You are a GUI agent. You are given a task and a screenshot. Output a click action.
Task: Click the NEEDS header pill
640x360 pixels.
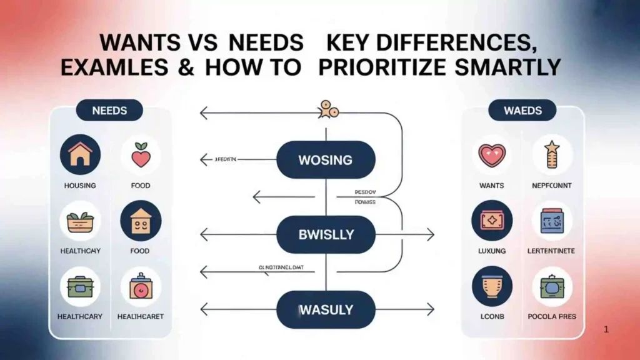pyautogui.click(x=109, y=111)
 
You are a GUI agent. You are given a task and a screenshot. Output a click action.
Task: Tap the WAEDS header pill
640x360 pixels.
pyautogui.click(x=522, y=111)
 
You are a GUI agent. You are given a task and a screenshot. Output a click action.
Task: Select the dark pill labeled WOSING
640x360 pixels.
pyautogui.click(x=325, y=160)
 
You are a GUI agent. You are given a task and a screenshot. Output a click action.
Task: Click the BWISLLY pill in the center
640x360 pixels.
pyautogui.click(x=325, y=235)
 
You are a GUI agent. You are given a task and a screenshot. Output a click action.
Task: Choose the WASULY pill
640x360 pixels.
pyautogui.click(x=325, y=309)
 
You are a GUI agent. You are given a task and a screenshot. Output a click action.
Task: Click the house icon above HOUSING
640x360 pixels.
pyautogui.click(x=80, y=154)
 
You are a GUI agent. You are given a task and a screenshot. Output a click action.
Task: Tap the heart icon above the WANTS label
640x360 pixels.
pyautogui.click(x=491, y=154)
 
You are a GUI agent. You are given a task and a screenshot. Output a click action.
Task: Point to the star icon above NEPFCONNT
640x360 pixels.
pyautogui.click(x=552, y=154)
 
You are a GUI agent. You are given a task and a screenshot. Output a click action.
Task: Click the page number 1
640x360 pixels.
pyautogui.click(x=606, y=329)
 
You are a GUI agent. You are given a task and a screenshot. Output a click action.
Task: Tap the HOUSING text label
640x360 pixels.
pyautogui.click(x=80, y=186)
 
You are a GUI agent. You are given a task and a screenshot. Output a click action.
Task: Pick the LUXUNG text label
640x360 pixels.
pyautogui.click(x=491, y=251)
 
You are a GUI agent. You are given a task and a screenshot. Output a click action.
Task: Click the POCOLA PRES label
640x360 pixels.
pyautogui.click(x=552, y=316)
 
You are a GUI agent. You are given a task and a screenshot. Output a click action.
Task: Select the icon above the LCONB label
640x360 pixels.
pyautogui.click(x=491, y=286)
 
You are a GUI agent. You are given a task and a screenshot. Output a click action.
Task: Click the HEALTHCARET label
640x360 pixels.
pyautogui.click(x=141, y=316)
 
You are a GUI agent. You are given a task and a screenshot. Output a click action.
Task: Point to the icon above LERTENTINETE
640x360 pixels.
pyautogui.click(x=552, y=221)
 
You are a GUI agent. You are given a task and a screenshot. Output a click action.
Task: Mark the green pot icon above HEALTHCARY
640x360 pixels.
pyautogui.click(x=80, y=286)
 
